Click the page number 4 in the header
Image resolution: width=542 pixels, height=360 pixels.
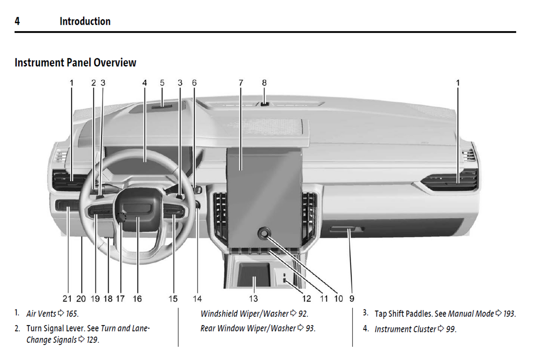17,21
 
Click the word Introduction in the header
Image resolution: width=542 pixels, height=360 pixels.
85,21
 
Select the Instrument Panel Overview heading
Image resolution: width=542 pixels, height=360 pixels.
75,63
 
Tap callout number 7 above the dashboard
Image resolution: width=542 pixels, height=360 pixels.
241,83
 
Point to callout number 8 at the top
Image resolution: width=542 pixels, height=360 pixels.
264,83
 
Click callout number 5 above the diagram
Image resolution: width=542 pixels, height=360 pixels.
162,83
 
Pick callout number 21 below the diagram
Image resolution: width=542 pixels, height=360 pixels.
67,299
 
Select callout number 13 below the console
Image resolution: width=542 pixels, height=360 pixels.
254,299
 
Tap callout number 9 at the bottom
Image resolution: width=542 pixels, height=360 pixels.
352,299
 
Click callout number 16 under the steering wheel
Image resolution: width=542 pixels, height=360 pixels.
137,299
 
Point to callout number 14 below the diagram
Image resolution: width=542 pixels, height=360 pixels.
197,299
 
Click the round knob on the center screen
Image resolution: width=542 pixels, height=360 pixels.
264,234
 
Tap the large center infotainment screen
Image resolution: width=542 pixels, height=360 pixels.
264,187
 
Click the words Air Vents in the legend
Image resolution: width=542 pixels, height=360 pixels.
41,314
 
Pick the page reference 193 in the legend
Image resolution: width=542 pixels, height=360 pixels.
509,314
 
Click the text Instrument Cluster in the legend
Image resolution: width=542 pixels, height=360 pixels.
405,329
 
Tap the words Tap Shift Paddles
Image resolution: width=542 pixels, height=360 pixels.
404,314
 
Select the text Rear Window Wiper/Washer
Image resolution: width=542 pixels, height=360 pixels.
248,328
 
